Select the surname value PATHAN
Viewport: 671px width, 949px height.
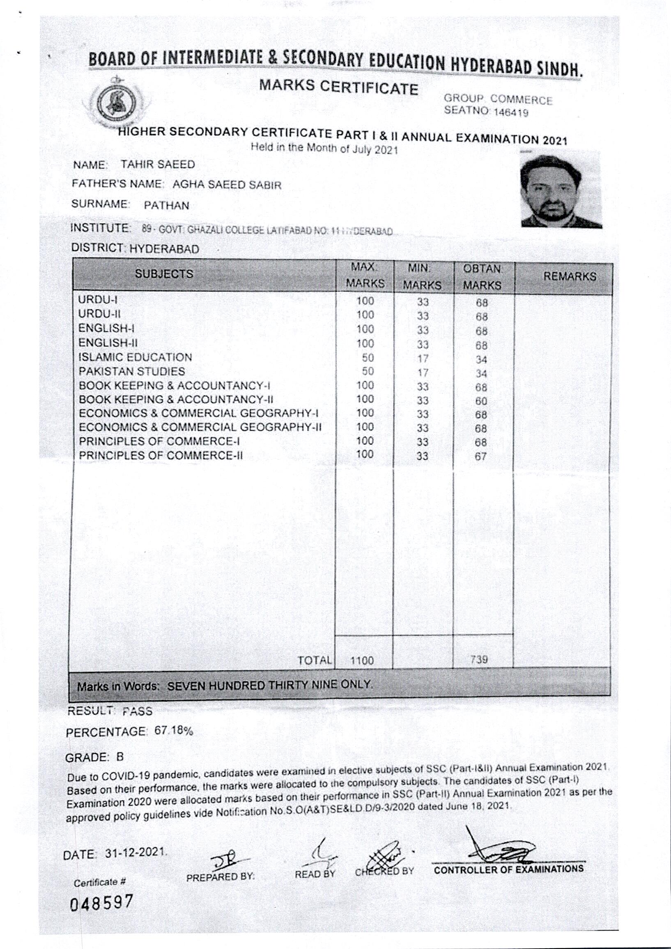(167, 205)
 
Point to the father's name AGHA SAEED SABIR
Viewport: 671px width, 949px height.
(227, 185)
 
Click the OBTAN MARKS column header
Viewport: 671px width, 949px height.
(483, 277)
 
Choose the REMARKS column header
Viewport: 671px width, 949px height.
(569, 277)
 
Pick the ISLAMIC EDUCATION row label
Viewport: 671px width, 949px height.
(135, 357)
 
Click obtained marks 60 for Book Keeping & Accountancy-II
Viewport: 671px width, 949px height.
(481, 401)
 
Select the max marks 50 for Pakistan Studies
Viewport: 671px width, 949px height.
(368, 371)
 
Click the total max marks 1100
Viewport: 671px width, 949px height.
(362, 660)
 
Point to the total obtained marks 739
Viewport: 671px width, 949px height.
(479, 659)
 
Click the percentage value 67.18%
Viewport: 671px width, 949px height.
(174, 731)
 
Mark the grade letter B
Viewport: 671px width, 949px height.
(120, 757)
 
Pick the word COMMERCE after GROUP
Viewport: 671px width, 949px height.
(522, 100)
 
